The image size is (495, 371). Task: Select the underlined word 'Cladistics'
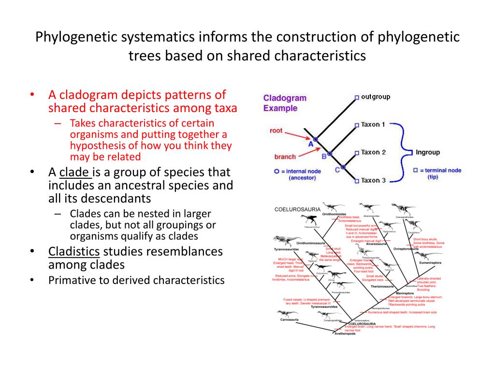point(74,251)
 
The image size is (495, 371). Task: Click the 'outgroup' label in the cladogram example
point(376,97)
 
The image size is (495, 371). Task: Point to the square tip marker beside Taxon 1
point(357,125)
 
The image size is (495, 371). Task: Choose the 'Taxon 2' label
point(373,152)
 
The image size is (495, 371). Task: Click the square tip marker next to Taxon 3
point(357,181)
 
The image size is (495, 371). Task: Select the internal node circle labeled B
point(330,154)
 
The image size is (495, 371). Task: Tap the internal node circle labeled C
point(343,167)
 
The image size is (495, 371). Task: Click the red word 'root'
point(276,130)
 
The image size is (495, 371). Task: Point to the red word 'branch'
point(285,157)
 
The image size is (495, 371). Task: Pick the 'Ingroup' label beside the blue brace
point(428,152)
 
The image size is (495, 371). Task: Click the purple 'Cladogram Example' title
point(285,103)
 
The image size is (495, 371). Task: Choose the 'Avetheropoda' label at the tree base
point(345,334)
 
